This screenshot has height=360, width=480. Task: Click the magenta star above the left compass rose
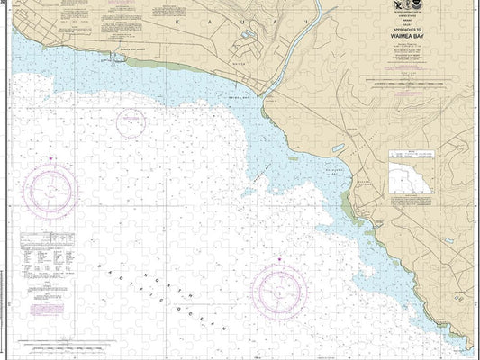tap(51, 158)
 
